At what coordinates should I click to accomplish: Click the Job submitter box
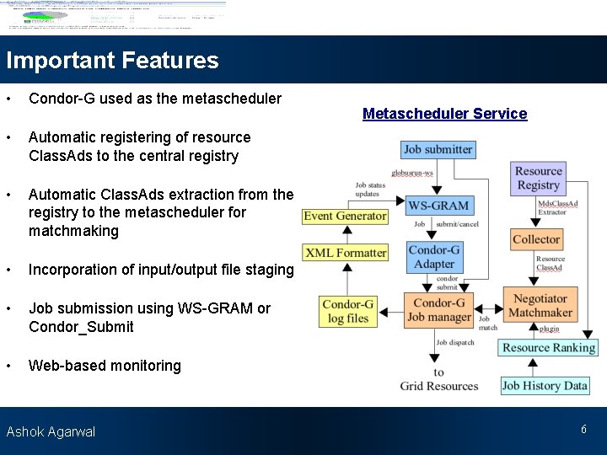tap(438, 150)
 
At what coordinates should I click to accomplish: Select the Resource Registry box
tap(538, 178)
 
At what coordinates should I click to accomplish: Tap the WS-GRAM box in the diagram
tap(438, 206)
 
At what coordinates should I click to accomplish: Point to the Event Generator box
tap(345, 217)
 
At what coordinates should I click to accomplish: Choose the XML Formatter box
tap(346, 252)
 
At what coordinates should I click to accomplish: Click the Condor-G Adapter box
tap(434, 257)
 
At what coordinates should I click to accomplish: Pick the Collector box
tap(535, 240)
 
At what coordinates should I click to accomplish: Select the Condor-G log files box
tap(348, 311)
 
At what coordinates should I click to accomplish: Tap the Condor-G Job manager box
tap(438, 310)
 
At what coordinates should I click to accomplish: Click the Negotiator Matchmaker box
tap(540, 305)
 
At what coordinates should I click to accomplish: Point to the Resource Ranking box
tap(548, 347)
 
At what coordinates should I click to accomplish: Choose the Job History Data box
tap(544, 386)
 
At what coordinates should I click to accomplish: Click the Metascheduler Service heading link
tap(444, 114)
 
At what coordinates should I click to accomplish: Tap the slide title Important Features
tap(112, 61)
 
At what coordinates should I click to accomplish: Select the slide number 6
tap(583, 430)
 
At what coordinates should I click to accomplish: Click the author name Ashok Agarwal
tap(51, 431)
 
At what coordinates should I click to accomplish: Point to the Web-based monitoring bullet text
tap(105, 366)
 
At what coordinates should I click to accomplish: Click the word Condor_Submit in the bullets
tap(81, 327)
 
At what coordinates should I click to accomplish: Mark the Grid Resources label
tap(438, 386)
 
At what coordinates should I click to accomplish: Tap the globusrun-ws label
tap(417, 173)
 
